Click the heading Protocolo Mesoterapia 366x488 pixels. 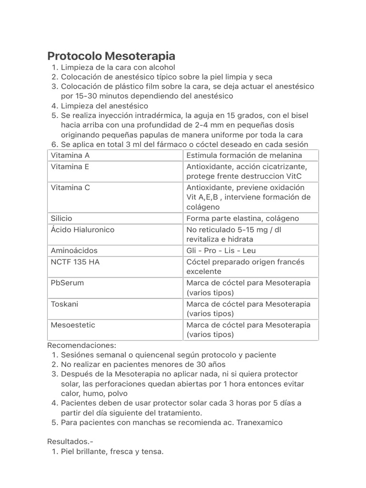111,56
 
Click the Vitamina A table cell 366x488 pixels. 70,155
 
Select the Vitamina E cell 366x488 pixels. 70,167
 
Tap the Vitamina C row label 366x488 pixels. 70,188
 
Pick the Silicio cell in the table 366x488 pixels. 61,218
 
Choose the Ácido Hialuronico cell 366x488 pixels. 82,230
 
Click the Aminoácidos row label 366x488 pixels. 74,251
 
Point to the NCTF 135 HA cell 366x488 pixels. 75,262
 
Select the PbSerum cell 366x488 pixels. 67,283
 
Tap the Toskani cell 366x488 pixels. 64,304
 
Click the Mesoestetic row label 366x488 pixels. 73,325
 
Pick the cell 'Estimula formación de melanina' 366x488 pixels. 244,155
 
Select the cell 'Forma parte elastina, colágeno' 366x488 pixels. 243,218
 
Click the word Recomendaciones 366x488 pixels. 82,345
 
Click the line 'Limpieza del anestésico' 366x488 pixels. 104,106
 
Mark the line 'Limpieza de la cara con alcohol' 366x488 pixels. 118,67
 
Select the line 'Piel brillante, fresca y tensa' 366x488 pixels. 112,452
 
